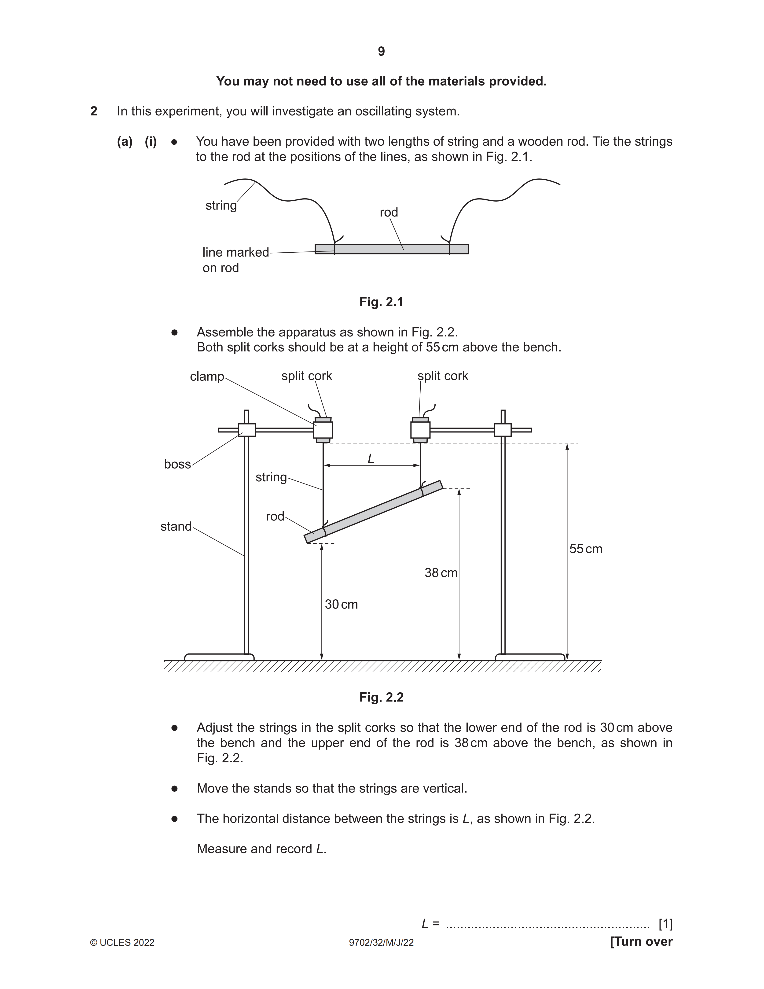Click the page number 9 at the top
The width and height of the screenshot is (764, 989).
[381, 52]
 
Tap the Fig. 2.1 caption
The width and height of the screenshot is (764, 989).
[381, 302]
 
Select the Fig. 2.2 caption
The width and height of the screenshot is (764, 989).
[381, 697]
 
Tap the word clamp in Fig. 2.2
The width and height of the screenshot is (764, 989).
[207, 376]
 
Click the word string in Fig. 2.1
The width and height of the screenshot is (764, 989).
[221, 206]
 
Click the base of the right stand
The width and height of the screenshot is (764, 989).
[530, 657]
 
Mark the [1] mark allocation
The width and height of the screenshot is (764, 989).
[665, 923]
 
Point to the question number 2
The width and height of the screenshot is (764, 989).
[94, 111]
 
